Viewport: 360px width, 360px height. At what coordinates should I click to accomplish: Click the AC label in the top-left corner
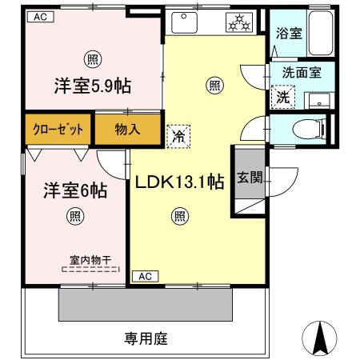tap(39, 17)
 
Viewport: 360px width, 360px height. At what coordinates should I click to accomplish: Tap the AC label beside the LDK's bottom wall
tap(145, 276)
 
